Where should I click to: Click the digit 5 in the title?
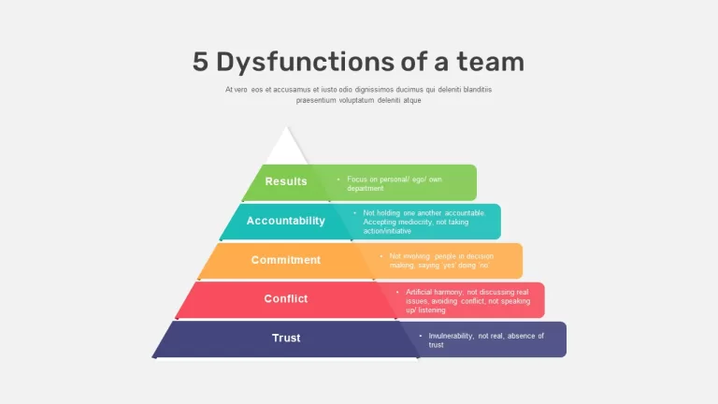(200, 62)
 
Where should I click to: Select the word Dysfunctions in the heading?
(305, 63)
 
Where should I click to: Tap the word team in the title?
(491, 63)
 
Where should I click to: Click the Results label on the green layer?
(286, 181)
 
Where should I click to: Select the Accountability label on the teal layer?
(286, 221)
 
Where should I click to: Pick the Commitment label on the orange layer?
(286, 260)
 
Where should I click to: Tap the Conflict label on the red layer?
(286, 298)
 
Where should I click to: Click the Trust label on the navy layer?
(286, 338)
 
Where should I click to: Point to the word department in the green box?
(366, 189)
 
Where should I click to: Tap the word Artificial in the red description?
(419, 292)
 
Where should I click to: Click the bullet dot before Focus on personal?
(338, 180)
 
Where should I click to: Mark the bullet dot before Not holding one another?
(354, 213)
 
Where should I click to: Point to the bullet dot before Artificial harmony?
(397, 292)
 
